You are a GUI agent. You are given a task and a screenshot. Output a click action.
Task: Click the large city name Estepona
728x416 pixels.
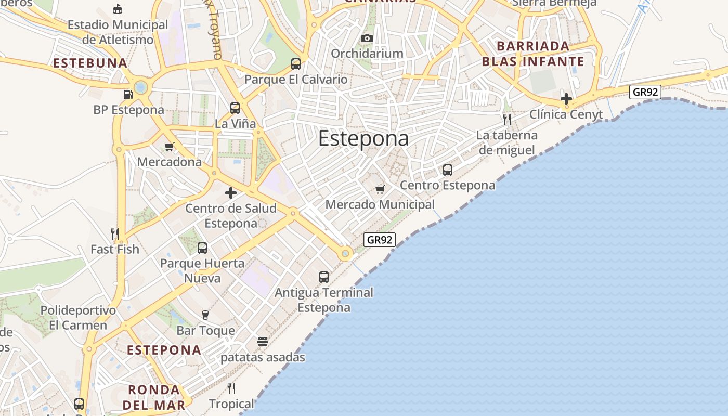pos(363,139)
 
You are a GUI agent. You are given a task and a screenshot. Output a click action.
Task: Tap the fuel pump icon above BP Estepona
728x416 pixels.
pos(128,94)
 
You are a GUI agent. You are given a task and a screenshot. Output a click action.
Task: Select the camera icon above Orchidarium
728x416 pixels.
pos(367,38)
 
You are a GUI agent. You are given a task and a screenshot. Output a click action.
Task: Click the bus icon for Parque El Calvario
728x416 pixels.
pos(296,64)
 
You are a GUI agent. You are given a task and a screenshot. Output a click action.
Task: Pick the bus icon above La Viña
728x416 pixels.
pos(235,108)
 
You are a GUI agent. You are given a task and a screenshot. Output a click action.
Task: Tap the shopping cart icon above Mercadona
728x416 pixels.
pos(169,147)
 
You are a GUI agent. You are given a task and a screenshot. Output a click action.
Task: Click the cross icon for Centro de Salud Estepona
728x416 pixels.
pos(231,193)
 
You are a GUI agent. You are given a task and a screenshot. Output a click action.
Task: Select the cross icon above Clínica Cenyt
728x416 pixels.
pos(566,98)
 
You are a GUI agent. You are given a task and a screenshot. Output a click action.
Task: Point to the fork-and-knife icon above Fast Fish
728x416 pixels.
pos(115,233)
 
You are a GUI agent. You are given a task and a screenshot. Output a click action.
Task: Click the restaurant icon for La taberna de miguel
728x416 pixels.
pos(507,120)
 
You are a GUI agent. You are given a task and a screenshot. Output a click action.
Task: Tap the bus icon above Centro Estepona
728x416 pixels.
pos(448,170)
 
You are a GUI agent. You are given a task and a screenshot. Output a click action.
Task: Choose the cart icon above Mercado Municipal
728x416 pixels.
pos(380,189)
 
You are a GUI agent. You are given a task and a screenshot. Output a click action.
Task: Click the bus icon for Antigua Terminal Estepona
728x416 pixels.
pos(324,277)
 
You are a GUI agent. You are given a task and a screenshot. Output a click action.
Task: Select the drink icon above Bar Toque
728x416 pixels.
pos(205,315)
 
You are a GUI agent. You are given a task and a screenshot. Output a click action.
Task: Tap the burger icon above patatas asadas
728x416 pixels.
pos(263,342)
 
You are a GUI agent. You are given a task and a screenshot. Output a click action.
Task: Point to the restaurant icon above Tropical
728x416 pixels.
pos(231,388)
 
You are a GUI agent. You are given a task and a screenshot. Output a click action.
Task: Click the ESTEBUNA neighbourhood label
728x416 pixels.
pos(90,63)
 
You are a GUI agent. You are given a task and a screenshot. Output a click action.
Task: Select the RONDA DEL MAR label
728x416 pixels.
pos(156,397)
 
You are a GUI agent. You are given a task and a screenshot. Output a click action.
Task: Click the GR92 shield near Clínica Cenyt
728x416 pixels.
pos(645,92)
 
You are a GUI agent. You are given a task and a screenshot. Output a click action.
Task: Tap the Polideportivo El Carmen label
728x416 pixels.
pos(78,318)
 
